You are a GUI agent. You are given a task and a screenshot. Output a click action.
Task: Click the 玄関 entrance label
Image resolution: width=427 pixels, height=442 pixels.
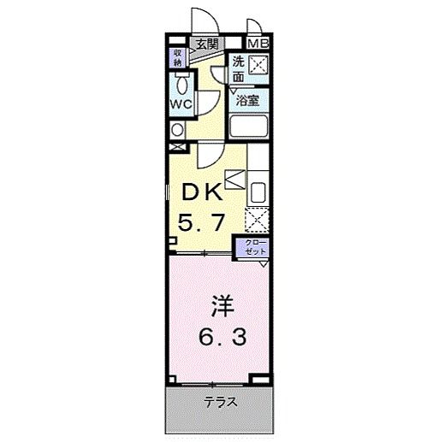click(205, 44)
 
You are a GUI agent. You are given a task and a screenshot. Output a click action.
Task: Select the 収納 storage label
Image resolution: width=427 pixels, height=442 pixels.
click(178, 57)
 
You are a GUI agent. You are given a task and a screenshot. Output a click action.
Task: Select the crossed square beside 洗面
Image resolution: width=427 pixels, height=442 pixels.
click(259, 66)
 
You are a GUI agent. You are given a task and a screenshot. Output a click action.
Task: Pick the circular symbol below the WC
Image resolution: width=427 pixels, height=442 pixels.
click(177, 130)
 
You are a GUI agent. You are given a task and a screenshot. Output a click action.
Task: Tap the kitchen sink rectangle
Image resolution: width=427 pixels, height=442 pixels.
click(259, 192)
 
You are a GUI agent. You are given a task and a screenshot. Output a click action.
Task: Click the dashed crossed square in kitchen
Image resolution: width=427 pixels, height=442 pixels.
click(258, 220)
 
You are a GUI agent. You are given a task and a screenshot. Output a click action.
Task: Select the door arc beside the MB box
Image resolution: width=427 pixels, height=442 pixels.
click(254, 26)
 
